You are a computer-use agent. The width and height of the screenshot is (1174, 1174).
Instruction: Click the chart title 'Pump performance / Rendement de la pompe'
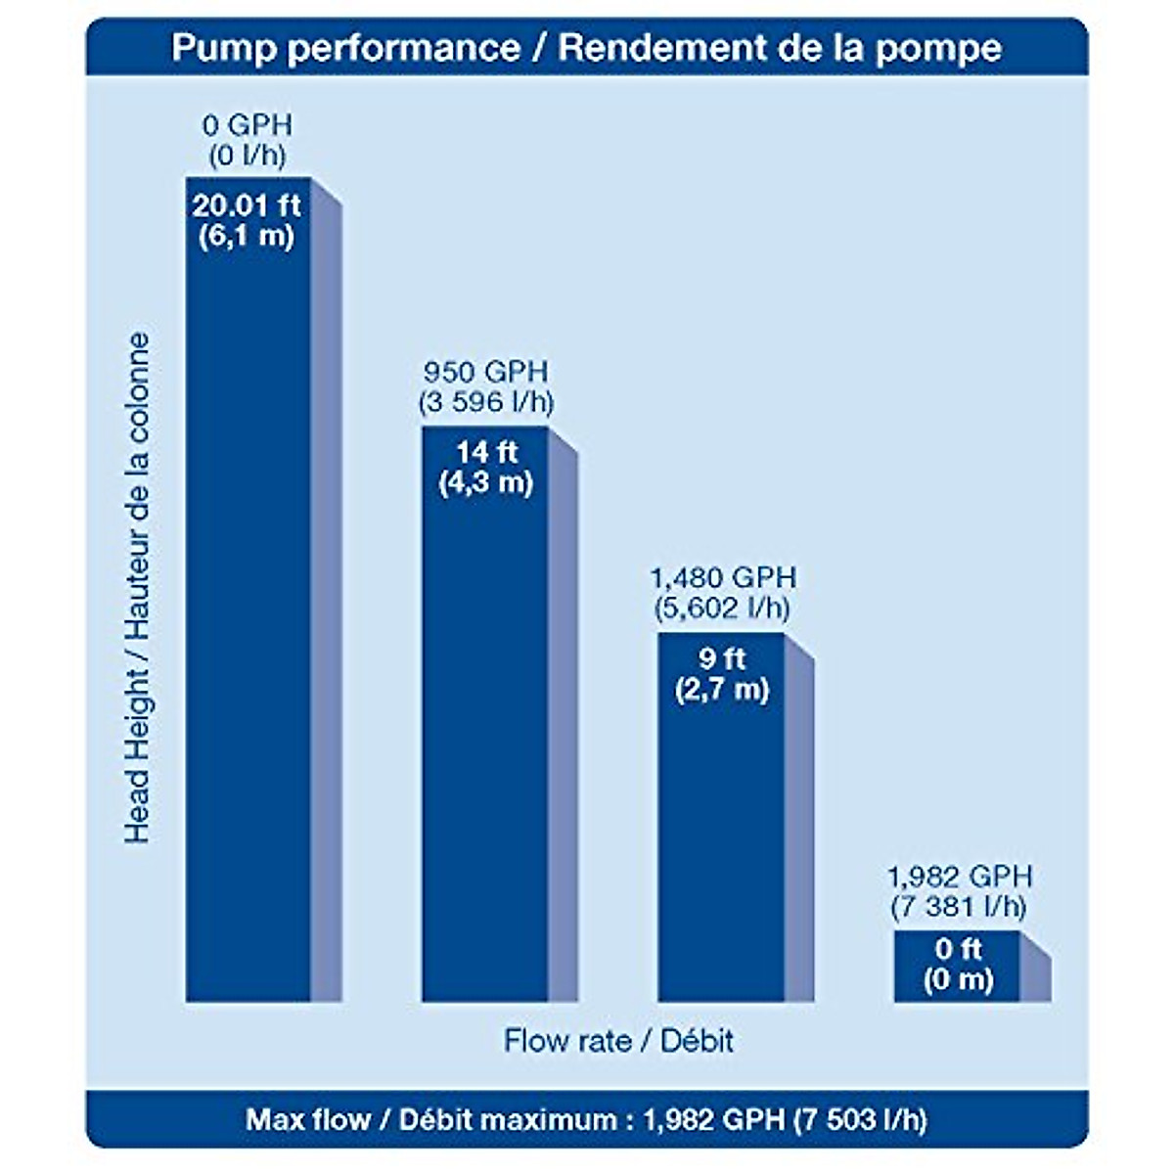pyautogui.click(x=586, y=48)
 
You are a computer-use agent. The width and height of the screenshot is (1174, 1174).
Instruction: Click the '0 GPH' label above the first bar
pyautogui.click(x=248, y=125)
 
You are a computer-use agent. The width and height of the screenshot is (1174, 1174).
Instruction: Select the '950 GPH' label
pyautogui.click(x=486, y=372)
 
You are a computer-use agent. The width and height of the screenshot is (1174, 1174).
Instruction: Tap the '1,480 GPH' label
pyautogui.click(x=723, y=577)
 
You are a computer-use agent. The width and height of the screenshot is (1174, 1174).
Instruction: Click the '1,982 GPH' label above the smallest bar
pyautogui.click(x=959, y=876)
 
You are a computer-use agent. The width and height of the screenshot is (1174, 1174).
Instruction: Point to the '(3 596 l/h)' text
pyautogui.click(x=486, y=402)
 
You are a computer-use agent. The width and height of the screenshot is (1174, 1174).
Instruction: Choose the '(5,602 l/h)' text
pyautogui.click(x=722, y=608)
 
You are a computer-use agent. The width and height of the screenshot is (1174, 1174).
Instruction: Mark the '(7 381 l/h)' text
pyautogui.click(x=959, y=907)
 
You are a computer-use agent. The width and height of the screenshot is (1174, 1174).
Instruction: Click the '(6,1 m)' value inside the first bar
pyautogui.click(x=247, y=237)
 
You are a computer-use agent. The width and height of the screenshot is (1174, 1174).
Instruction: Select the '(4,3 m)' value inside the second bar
pyautogui.click(x=485, y=483)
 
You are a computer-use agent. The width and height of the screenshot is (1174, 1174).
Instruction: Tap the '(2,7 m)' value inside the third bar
pyautogui.click(x=722, y=689)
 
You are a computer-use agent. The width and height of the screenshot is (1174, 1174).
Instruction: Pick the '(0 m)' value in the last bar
pyautogui.click(x=958, y=979)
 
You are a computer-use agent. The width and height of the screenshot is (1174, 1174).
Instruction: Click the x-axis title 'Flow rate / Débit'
pyautogui.click(x=618, y=1040)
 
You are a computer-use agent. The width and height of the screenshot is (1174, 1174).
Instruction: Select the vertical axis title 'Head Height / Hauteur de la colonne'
pyautogui.click(x=138, y=587)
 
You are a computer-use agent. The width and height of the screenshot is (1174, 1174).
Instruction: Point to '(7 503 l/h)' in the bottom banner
pyautogui.click(x=859, y=1119)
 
